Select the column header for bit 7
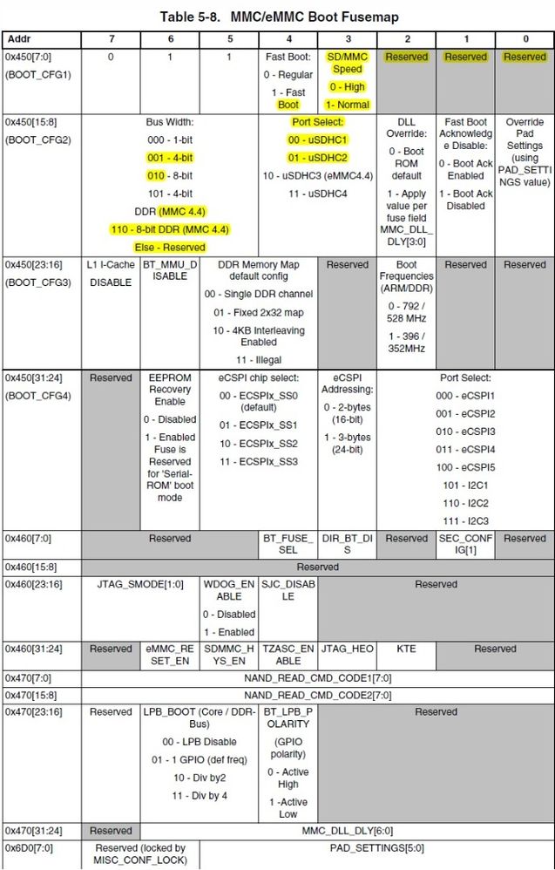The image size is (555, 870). pos(111,39)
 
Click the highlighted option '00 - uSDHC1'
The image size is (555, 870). pos(318,139)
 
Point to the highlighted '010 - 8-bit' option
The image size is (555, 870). pos(170,175)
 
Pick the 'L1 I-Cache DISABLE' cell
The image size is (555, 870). pos(111,273)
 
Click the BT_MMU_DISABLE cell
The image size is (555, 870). pos(170,273)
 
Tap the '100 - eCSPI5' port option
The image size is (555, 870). pos(465,467)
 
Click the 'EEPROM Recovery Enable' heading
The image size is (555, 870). pos(170,390)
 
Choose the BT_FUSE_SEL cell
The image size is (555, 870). pos(288,544)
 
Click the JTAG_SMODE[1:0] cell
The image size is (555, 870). pos(140,584)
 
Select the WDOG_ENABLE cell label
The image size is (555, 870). pos(229,590)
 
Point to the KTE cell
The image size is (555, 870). pos(406,649)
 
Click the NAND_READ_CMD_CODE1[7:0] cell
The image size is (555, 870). pos(318,677)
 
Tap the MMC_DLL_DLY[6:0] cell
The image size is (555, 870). pos(347,831)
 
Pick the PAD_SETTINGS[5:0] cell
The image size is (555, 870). pos(376,847)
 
